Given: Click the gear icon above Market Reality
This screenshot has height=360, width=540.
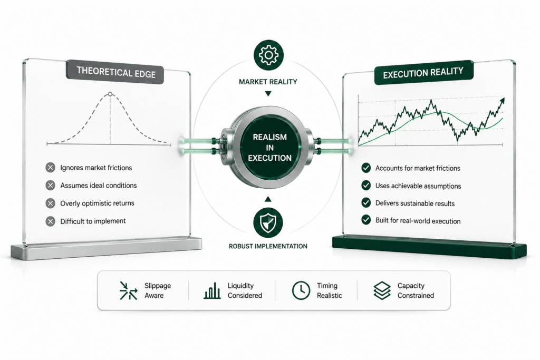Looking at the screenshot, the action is pyautogui.click(x=268, y=55).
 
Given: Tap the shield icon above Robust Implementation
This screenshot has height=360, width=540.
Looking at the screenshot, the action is pyautogui.click(x=268, y=222).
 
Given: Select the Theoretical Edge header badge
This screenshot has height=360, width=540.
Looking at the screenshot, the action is pyautogui.click(x=115, y=72).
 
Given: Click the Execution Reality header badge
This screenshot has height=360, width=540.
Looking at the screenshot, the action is pyautogui.click(x=423, y=73).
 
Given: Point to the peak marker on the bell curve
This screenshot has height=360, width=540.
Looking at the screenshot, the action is pyautogui.click(x=110, y=94).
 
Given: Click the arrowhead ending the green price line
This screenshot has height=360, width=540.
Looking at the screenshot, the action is pyautogui.click(x=502, y=101).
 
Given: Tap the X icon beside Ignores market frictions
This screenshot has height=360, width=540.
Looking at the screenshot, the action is pyautogui.click(x=50, y=168).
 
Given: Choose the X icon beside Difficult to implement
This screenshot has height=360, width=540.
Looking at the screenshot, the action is pyautogui.click(x=50, y=221).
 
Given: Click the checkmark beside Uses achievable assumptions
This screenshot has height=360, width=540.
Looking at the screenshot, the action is pyautogui.click(x=366, y=186).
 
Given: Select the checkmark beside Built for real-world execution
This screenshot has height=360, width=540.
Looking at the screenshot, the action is pyautogui.click(x=366, y=220).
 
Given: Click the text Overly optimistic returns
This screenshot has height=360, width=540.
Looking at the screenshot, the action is pyautogui.click(x=97, y=203).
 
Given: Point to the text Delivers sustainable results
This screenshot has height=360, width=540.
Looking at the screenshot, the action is pyautogui.click(x=414, y=203).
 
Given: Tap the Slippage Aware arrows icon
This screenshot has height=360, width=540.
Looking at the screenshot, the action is pyautogui.click(x=128, y=290).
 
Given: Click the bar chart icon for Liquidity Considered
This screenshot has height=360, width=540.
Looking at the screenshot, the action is pyautogui.click(x=212, y=291).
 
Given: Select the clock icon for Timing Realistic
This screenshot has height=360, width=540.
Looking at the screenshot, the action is pyautogui.click(x=301, y=290).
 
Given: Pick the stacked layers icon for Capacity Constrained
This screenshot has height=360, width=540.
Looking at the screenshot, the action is pyautogui.click(x=382, y=290).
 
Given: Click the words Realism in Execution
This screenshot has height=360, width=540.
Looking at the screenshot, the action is pyautogui.click(x=269, y=148).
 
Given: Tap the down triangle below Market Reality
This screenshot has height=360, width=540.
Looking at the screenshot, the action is pyautogui.click(x=268, y=94).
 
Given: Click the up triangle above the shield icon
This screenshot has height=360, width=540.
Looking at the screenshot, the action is pyautogui.click(x=268, y=199).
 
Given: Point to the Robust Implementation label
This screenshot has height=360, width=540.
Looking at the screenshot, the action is pyautogui.click(x=268, y=247).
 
